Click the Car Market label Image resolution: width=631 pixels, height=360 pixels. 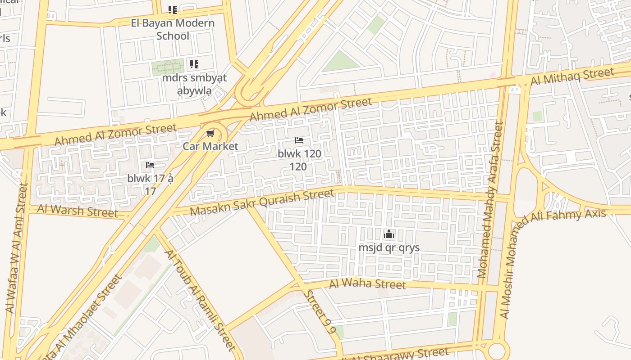click(210, 146)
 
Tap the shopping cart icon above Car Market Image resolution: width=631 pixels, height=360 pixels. click(210, 134)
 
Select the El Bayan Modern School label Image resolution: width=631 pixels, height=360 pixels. click(173, 29)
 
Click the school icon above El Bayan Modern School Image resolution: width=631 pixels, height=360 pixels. click(172, 9)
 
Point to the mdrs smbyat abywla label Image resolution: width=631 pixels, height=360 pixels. click(194, 84)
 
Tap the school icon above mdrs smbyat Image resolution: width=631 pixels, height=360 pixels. click(194, 64)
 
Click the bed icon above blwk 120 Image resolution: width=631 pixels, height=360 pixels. click(299, 140)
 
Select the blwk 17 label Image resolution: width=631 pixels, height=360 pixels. click(150, 184)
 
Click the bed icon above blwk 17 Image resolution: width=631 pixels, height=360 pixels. click(150, 165)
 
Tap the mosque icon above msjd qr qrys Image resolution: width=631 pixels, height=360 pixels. click(389, 234)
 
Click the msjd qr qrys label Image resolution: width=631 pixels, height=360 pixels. click(389, 247)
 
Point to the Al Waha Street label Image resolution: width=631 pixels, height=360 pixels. click(367, 284)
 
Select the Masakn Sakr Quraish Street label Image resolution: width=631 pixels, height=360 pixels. click(262, 202)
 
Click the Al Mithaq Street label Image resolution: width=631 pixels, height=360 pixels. click(572, 76)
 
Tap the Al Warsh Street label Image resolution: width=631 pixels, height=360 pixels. click(77, 211)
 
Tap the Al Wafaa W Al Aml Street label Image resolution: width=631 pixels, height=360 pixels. click(16, 247)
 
